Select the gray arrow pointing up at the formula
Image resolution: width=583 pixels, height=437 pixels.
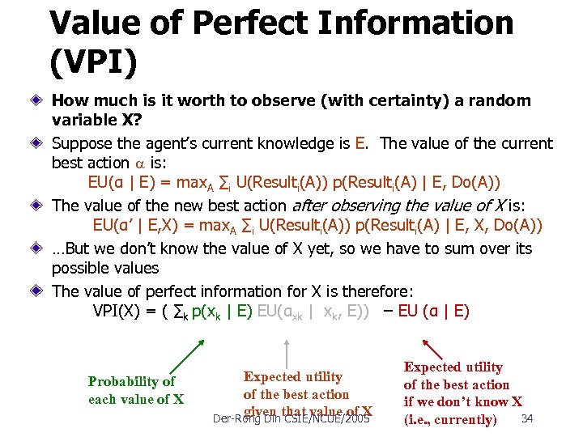coord(287,349)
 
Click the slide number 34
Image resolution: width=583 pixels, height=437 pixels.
coord(526,418)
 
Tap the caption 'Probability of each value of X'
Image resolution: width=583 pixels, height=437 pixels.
coord(135,390)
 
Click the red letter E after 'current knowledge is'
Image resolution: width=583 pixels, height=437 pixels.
coord(360,144)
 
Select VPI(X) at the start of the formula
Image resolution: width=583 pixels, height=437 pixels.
coord(121,311)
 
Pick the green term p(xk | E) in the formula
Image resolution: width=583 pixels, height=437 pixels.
coord(213,311)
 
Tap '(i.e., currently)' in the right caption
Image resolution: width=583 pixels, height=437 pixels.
coord(450,419)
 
